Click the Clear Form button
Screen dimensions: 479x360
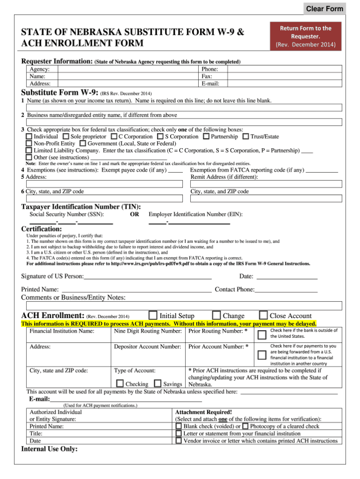click(324, 9)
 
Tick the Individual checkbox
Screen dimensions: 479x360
click(29, 137)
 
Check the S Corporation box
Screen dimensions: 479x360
click(160, 137)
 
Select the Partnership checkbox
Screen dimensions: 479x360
click(206, 137)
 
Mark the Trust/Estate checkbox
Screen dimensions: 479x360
click(246, 137)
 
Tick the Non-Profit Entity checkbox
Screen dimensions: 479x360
click(29, 143)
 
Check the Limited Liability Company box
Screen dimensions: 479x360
click(29, 150)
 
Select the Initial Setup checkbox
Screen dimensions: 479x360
click(153, 315)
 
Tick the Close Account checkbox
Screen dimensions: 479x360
click(263, 315)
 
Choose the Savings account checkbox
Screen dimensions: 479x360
click(158, 383)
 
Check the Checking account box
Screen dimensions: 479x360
click(120, 383)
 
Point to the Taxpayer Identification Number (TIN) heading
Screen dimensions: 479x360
click(81, 206)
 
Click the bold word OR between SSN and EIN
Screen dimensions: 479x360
click(134, 214)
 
